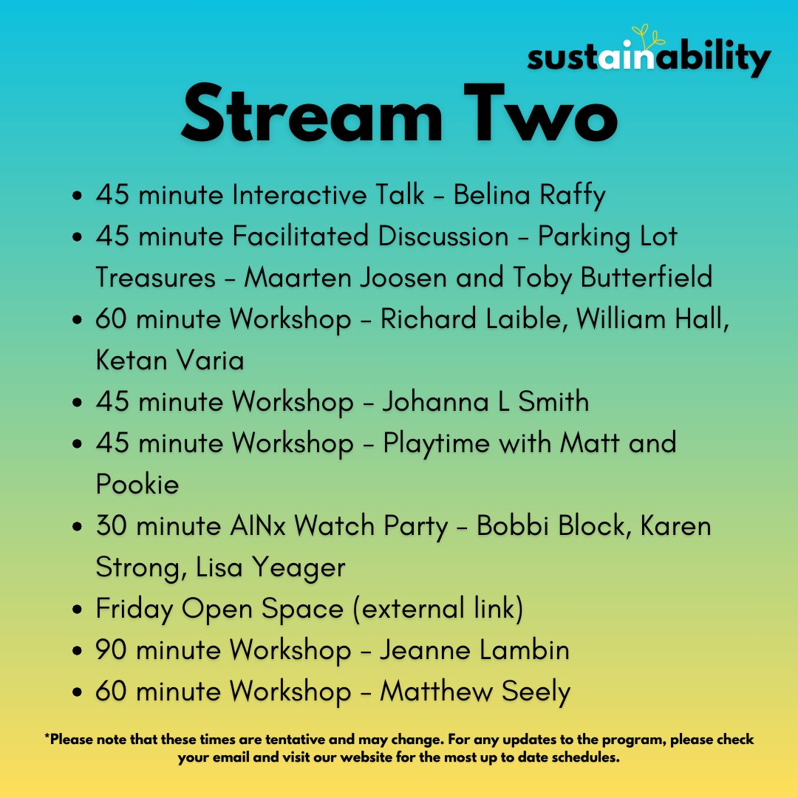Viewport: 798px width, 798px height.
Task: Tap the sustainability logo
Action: [x=649, y=58]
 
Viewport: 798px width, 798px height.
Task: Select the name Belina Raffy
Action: [x=529, y=196]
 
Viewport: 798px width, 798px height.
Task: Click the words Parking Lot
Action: [x=607, y=237]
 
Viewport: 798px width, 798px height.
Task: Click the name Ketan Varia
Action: [x=170, y=361]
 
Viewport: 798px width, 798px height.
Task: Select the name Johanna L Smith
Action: [x=485, y=402]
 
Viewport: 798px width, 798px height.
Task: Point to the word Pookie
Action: [x=137, y=485]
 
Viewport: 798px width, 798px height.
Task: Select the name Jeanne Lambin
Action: [x=474, y=650]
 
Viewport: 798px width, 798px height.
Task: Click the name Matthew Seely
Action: [x=475, y=692]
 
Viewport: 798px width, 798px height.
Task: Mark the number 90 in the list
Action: [x=112, y=650]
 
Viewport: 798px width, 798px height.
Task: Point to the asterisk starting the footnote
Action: [x=47, y=737]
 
